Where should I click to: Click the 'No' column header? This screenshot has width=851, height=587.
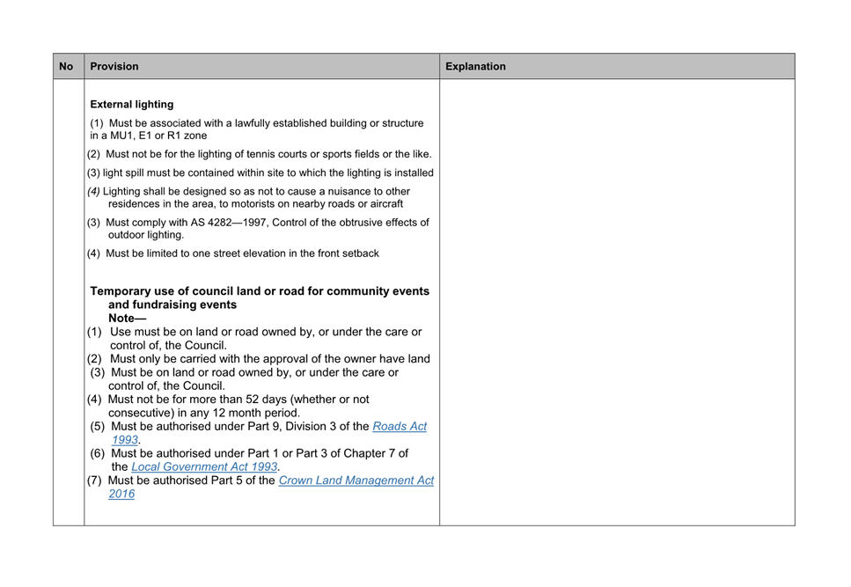click(66, 66)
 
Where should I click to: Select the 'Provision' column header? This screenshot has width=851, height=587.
click(114, 66)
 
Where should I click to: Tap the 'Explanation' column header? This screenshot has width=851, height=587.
click(475, 66)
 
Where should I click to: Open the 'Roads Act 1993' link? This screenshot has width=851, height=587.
click(399, 426)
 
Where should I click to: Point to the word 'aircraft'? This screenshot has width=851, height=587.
click(382, 203)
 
